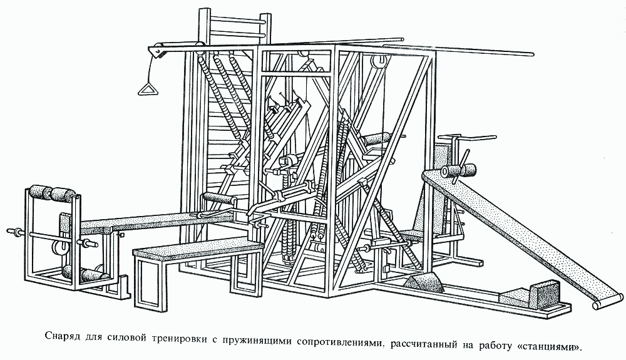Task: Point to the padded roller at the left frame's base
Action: [x=85, y=275]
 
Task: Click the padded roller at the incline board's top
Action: [x=458, y=171]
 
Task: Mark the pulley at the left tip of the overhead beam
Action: [x=156, y=51]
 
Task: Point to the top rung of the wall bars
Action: [x=238, y=17]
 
